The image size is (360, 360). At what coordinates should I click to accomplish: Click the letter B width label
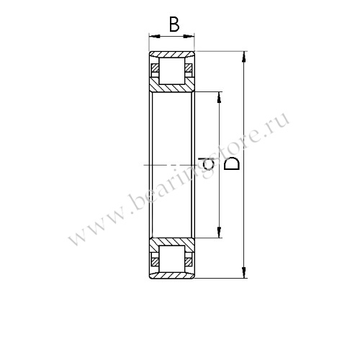pos(174,26)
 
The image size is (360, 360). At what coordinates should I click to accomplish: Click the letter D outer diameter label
pos(233,164)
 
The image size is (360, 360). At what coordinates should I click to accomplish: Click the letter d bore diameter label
pos(210,164)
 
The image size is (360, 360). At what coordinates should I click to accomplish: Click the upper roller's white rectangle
pos(172,71)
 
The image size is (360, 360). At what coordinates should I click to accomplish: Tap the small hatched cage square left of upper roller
pos(155,70)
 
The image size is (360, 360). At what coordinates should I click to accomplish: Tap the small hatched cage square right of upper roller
pos(189,70)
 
